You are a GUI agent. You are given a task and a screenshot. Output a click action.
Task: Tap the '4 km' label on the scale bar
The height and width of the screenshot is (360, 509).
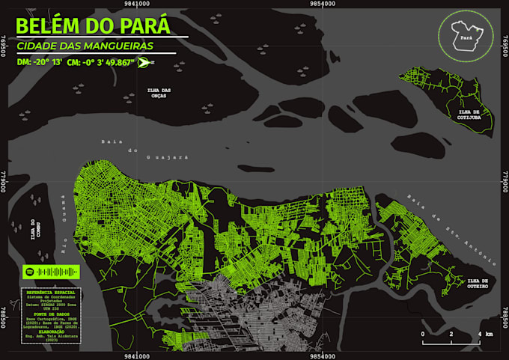tap(485, 333)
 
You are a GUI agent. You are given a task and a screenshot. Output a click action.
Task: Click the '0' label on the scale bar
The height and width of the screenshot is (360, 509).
tap(422, 333)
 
